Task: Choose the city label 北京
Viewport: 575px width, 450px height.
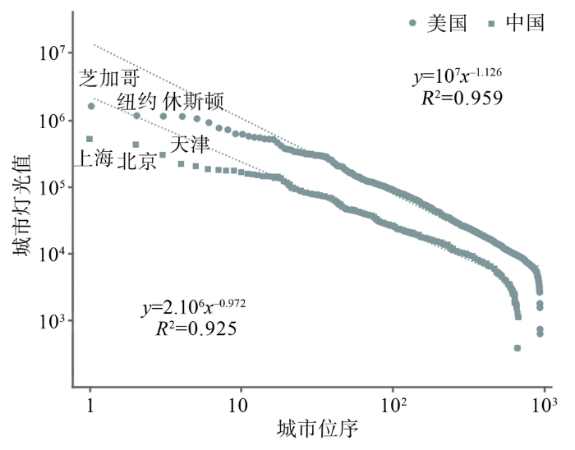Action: click(x=137, y=162)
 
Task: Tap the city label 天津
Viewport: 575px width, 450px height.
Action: click(x=190, y=145)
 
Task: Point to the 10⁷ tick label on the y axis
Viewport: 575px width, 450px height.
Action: click(x=50, y=54)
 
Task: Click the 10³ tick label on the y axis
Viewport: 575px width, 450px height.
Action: click(x=50, y=321)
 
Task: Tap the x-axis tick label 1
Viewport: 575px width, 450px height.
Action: click(x=90, y=405)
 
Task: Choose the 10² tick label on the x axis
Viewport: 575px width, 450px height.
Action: click(x=393, y=404)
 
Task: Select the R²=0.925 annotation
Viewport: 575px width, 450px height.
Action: click(x=196, y=329)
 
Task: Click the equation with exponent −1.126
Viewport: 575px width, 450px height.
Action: click(x=457, y=78)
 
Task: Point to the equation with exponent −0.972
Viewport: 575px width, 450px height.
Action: click(x=193, y=309)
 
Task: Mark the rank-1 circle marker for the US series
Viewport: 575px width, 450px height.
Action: click(x=91, y=107)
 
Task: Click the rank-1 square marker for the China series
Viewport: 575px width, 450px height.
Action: click(x=90, y=139)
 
